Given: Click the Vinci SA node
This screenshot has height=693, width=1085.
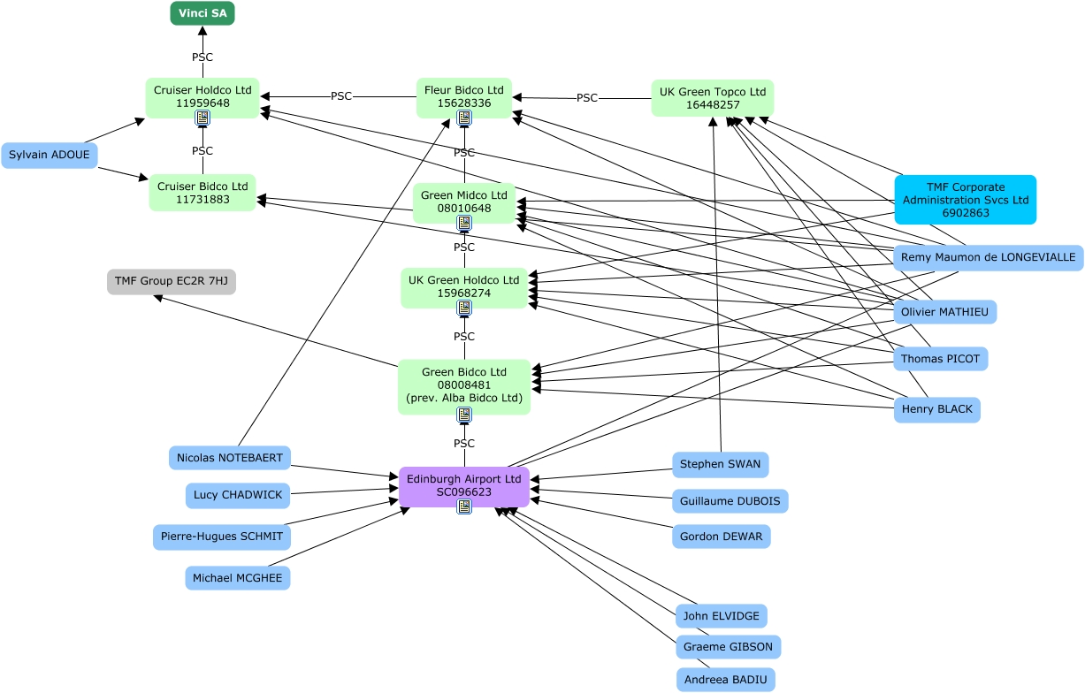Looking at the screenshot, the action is [202, 13].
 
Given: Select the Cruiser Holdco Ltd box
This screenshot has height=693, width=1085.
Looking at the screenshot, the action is [202, 97].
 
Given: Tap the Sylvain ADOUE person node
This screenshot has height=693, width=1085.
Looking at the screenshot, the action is [50, 155].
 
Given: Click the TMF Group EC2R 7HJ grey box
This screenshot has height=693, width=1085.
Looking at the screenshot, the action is [172, 281].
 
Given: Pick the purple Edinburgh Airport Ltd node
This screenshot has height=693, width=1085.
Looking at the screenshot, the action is [464, 486].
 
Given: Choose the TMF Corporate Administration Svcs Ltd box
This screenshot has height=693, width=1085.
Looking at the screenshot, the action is [966, 200].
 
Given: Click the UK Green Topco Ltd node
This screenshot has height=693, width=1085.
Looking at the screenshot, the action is [713, 98].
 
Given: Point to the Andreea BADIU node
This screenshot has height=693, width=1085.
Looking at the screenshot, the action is [726, 680].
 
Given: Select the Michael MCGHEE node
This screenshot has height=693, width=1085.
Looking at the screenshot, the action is [237, 578].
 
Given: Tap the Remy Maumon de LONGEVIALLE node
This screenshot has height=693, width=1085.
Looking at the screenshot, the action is [988, 257].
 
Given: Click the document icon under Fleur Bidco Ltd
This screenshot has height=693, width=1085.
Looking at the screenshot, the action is [464, 118].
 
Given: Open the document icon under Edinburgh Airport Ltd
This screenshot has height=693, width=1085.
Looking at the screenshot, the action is [464, 506].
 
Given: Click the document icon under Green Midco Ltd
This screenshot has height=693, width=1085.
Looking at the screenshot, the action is [464, 223].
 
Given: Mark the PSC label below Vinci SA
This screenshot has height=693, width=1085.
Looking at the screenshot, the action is [202, 57].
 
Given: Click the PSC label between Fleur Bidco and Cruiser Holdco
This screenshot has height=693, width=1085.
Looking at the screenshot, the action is [341, 96].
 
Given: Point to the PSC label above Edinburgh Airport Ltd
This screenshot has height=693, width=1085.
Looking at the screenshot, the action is [464, 443].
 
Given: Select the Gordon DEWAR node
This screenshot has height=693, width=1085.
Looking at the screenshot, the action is [722, 537].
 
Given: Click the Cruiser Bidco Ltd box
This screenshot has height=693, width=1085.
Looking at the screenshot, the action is [202, 193].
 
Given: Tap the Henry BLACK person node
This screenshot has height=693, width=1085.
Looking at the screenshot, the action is [936, 409].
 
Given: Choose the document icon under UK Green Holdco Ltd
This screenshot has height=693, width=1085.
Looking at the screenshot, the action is [464, 308].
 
